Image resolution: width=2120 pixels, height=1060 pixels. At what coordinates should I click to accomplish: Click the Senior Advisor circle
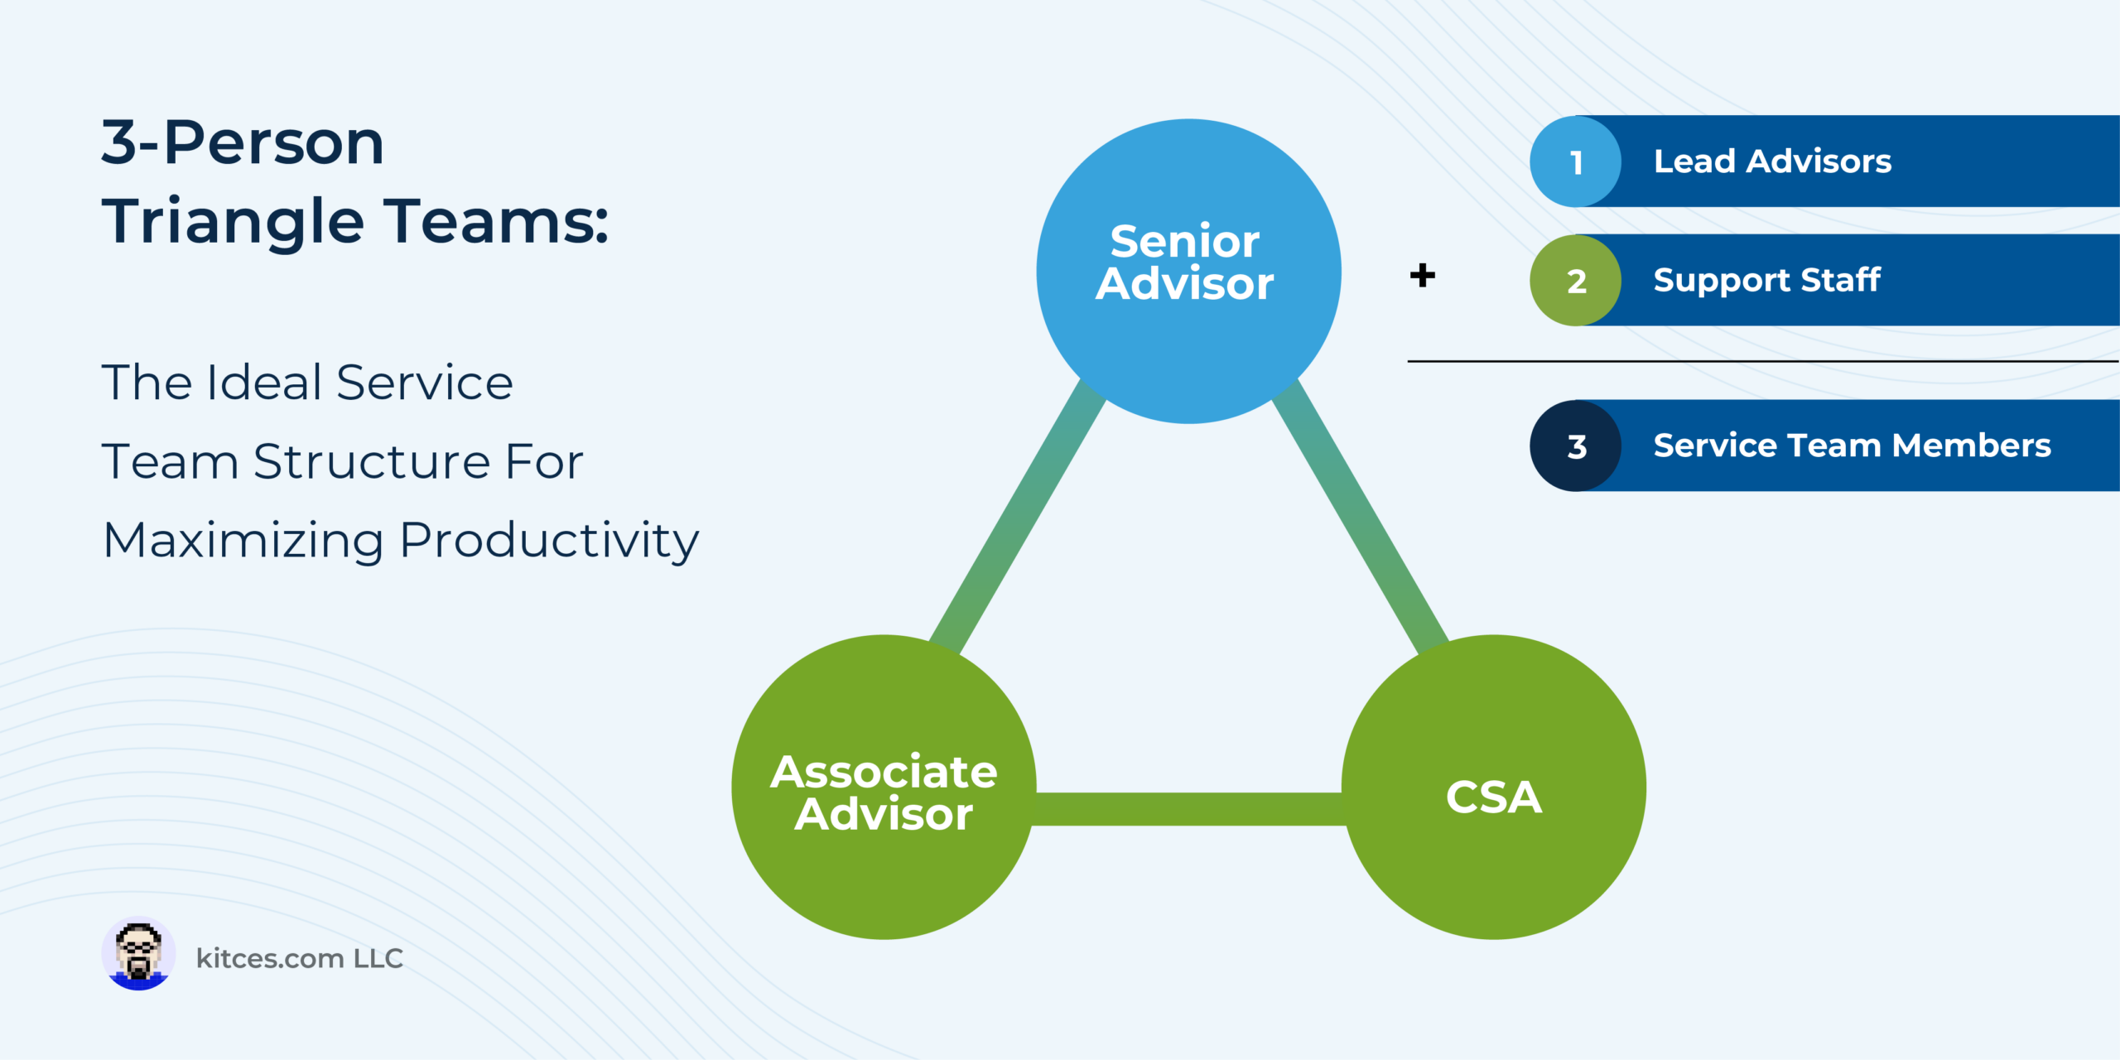click(1188, 271)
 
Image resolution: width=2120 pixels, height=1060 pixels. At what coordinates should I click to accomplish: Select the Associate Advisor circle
click(884, 787)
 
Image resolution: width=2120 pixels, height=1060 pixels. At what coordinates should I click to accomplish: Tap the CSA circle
click(1493, 787)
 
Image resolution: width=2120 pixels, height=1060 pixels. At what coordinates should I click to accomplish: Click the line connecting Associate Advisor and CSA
click(1188, 809)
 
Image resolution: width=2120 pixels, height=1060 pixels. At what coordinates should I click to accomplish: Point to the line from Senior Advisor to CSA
click(1360, 518)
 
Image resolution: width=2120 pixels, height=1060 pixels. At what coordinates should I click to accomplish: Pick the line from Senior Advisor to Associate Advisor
click(1018, 518)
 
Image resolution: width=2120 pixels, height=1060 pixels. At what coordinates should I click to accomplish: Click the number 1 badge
click(1575, 161)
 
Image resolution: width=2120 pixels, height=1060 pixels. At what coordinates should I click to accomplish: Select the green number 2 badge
click(1575, 280)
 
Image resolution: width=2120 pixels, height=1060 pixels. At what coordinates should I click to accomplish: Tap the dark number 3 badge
click(1575, 446)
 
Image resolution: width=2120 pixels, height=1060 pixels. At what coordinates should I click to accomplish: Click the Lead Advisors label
click(1772, 161)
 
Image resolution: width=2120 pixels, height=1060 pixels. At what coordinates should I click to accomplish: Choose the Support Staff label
click(1766, 281)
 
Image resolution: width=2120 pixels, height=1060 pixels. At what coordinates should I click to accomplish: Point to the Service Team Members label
click(1853, 446)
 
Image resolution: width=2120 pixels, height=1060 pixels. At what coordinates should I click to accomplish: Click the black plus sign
click(1422, 275)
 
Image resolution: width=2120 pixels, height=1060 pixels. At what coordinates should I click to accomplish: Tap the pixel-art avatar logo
click(138, 953)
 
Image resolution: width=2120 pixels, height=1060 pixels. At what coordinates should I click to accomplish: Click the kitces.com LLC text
click(299, 958)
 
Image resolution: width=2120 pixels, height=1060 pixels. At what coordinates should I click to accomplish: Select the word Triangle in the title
click(233, 222)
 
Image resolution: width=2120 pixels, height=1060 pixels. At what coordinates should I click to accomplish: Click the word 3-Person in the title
click(243, 142)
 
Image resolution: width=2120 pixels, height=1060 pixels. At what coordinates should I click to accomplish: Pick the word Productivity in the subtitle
click(549, 542)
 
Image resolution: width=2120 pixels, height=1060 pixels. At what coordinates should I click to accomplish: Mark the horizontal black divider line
click(1763, 361)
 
